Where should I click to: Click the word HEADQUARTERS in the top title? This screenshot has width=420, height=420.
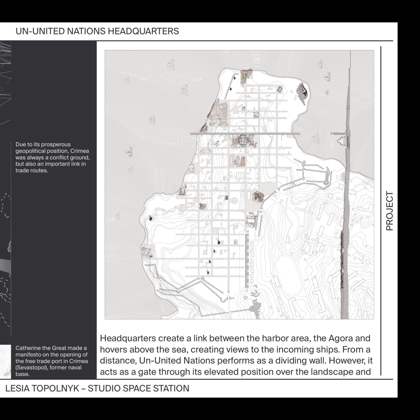click(x=143, y=31)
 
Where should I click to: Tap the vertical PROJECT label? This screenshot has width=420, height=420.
click(x=389, y=211)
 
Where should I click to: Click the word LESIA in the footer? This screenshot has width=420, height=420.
click(x=17, y=388)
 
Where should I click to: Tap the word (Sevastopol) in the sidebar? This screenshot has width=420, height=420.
click(x=31, y=368)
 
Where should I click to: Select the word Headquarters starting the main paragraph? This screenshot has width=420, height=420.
click(x=128, y=338)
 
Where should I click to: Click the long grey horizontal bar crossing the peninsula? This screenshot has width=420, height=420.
click(x=245, y=134)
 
